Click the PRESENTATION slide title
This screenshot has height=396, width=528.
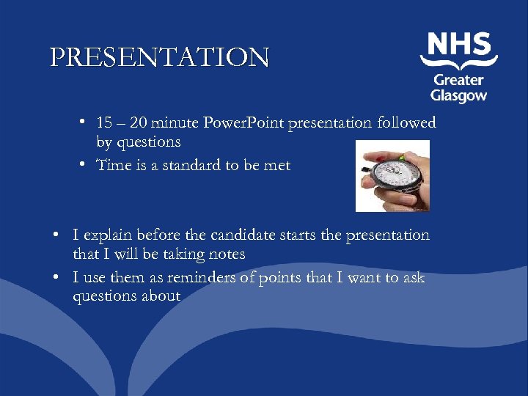click(x=160, y=57)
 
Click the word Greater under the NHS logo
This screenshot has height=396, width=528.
click(x=458, y=80)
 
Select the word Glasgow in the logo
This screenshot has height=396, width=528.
click(x=458, y=95)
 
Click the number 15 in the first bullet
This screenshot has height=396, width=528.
click(x=106, y=122)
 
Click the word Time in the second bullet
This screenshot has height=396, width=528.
click(x=114, y=165)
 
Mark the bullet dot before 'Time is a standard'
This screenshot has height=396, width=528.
click(x=85, y=165)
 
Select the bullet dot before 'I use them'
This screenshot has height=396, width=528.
click(x=56, y=278)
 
